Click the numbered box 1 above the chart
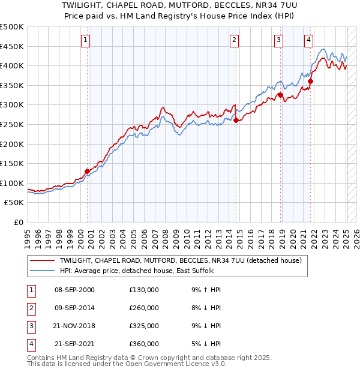pos(85,40)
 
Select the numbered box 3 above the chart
pos(279,40)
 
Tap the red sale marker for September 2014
pos(236,120)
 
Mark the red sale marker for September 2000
pos(87,171)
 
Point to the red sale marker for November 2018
pos(280,95)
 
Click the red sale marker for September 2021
pos(311,82)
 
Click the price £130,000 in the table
pos(144,290)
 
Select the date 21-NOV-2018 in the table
pos(75,326)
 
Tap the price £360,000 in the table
pos(144,344)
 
